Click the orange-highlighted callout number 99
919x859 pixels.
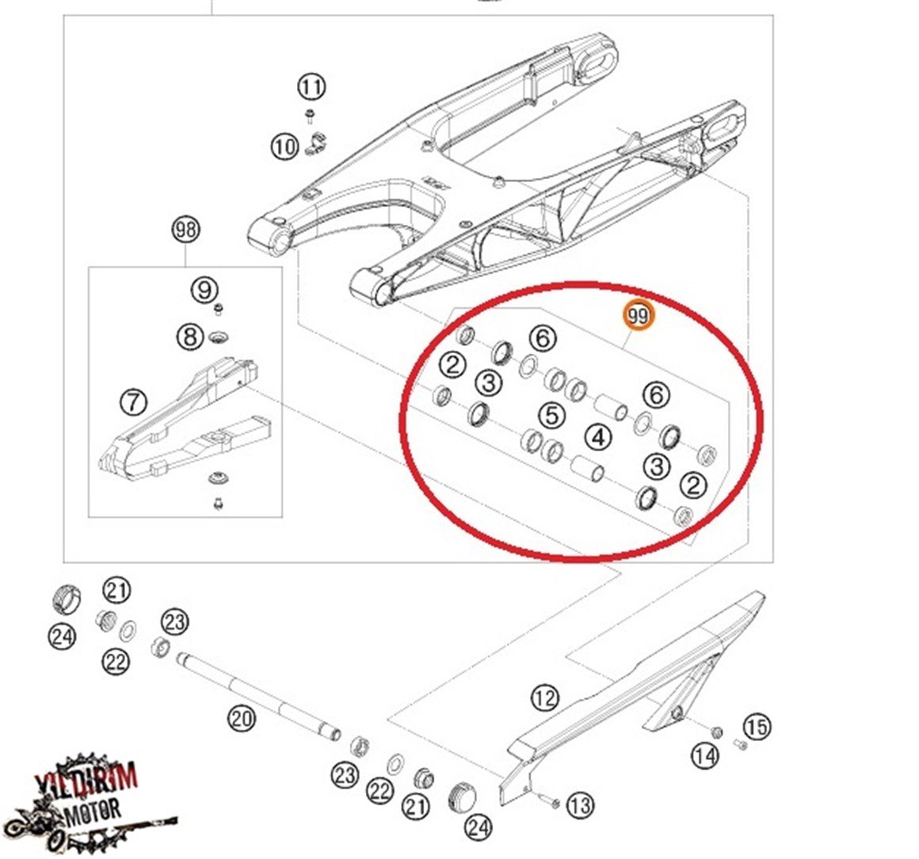pyautogui.click(x=639, y=316)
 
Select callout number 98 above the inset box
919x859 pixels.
pyautogui.click(x=186, y=230)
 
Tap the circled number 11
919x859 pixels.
pyautogui.click(x=311, y=87)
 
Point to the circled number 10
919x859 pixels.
pyautogui.click(x=285, y=146)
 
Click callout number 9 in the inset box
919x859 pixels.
pyautogui.click(x=204, y=289)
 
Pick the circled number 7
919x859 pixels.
pyautogui.click(x=134, y=402)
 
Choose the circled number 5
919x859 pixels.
pyautogui.click(x=551, y=415)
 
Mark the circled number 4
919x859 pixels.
pyautogui.click(x=598, y=437)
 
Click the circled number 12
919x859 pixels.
pyautogui.click(x=545, y=698)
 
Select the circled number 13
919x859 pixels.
pyautogui.click(x=580, y=806)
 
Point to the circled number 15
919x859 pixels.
pyautogui.click(x=757, y=728)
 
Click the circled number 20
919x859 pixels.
pyautogui.click(x=242, y=718)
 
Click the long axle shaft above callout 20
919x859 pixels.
pyautogui.click(x=258, y=695)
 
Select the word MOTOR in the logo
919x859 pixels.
pyautogui.click(x=93, y=811)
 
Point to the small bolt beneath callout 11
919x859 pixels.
pyautogui.click(x=310, y=116)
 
